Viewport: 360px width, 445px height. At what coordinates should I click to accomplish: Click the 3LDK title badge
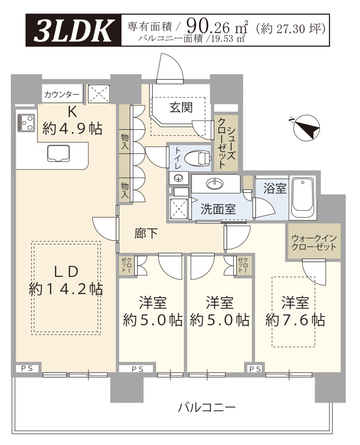73,30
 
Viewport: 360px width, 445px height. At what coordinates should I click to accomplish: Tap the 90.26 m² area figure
217,27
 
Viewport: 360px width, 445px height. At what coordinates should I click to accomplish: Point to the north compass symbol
306,127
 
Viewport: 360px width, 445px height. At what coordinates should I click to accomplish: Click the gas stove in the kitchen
26,122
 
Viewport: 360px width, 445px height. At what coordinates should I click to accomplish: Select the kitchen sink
59,153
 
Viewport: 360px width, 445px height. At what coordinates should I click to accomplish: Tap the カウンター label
62,94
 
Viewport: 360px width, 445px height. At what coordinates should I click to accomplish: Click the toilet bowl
198,158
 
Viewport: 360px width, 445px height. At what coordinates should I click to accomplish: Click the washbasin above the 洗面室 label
215,184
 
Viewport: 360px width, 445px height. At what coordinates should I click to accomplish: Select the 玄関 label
181,107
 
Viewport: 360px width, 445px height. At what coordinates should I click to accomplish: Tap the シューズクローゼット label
226,143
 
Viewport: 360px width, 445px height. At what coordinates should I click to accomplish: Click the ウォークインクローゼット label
314,242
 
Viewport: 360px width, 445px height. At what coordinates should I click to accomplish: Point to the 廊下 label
146,233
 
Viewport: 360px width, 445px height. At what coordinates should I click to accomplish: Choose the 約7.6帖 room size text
295,320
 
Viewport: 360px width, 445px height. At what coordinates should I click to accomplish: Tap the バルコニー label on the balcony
207,408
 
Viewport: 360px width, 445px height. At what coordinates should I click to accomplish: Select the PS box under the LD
28,368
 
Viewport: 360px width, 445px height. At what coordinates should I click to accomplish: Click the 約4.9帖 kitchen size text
72,129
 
